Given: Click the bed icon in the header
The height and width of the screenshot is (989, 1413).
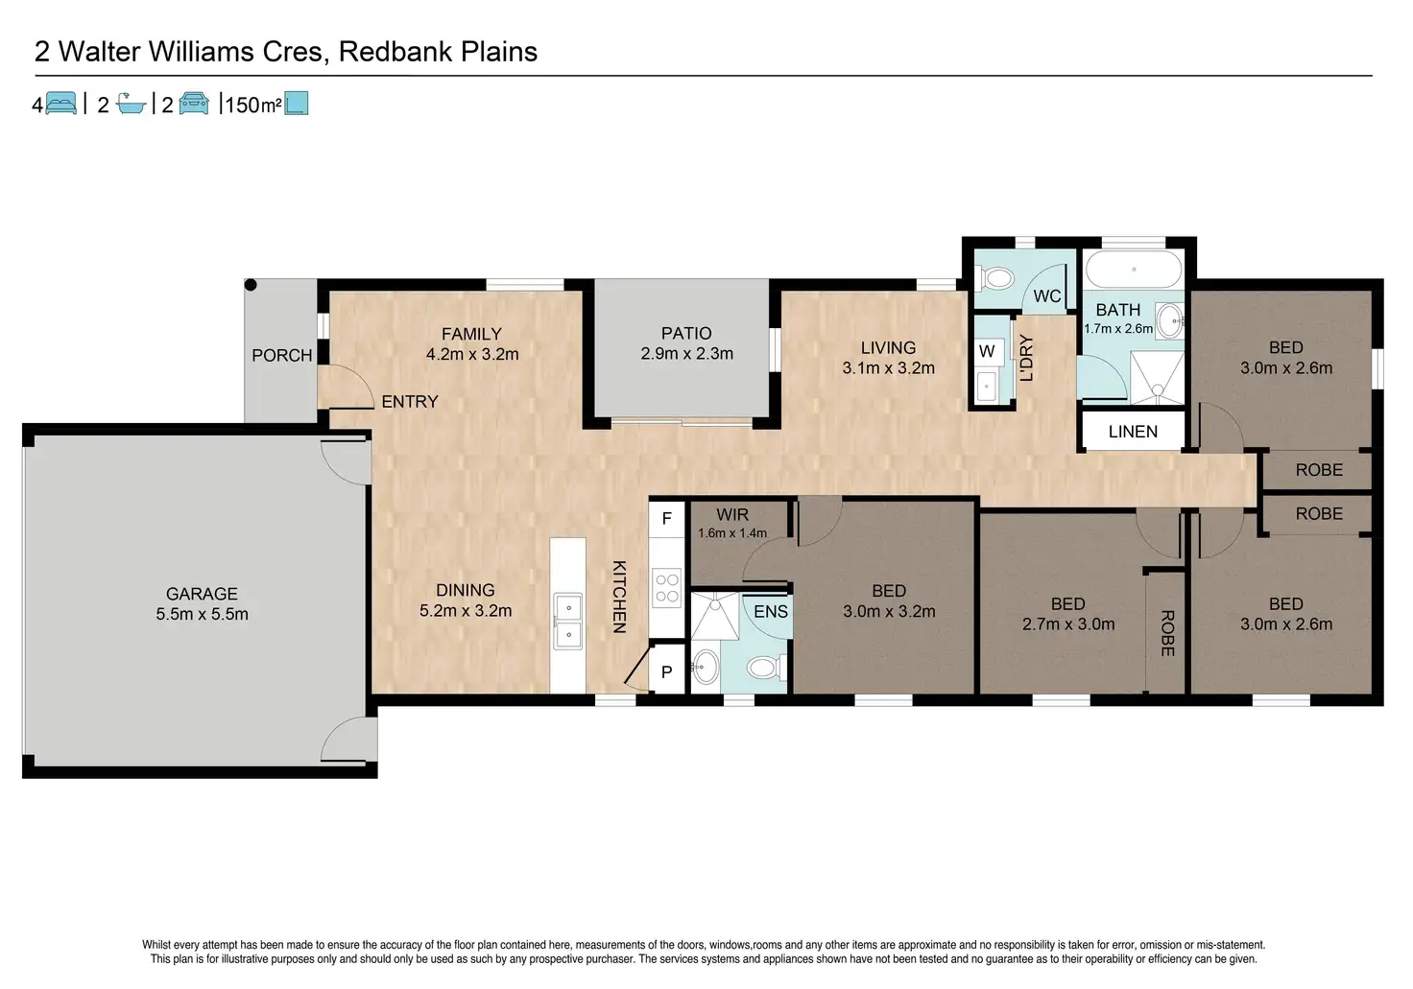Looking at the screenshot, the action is [x=60, y=104].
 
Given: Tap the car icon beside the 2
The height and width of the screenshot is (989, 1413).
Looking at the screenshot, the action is [x=194, y=104].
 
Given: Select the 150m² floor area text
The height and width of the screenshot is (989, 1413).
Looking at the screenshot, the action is [x=253, y=105].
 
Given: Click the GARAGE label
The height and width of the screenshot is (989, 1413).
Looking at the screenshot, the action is [x=202, y=594].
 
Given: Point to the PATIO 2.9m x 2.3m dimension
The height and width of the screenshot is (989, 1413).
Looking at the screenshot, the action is [x=687, y=354].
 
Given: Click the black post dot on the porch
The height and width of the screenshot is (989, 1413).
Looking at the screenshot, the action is [x=251, y=285].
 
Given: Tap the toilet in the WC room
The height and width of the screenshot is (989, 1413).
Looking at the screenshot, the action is [x=994, y=278].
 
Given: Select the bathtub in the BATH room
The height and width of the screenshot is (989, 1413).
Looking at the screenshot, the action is [x=1134, y=270].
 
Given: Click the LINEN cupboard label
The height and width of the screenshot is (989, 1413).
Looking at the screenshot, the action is [x=1133, y=432].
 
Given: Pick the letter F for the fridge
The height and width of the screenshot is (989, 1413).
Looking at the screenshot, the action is [x=667, y=519].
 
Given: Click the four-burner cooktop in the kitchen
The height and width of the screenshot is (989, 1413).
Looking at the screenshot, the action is [x=667, y=587].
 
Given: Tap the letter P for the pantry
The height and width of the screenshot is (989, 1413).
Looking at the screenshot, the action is [x=667, y=672].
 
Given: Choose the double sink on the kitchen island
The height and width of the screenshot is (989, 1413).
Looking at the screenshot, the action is [x=568, y=621].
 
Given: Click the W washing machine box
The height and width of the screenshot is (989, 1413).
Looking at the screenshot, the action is [x=987, y=351].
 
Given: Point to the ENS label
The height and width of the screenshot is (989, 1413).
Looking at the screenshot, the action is [x=771, y=611].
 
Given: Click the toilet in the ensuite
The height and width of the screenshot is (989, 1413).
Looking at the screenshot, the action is [x=766, y=668].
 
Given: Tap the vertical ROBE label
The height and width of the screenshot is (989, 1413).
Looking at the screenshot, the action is [x=1167, y=633].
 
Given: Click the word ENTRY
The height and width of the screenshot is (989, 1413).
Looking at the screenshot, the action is [x=409, y=402].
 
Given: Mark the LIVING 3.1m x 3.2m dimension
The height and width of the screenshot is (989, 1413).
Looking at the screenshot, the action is [x=888, y=368].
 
